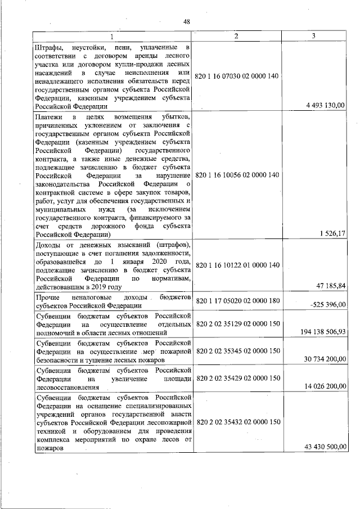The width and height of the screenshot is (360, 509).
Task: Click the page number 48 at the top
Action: (187, 21)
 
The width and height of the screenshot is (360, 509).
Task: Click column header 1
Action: (112, 37)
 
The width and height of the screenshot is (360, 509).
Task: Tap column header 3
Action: (314, 37)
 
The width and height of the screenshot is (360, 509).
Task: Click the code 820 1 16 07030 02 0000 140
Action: (237, 76)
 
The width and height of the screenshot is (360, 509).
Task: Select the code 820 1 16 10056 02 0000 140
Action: (237, 175)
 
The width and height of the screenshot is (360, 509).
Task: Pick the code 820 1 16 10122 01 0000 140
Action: (237, 264)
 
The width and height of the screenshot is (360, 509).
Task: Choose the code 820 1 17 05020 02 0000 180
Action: (237, 301)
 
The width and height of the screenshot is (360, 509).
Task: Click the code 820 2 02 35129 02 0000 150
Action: (237, 325)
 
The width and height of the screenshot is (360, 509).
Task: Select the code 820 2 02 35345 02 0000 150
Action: (237, 351)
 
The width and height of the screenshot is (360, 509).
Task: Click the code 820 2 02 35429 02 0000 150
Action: (237, 378)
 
